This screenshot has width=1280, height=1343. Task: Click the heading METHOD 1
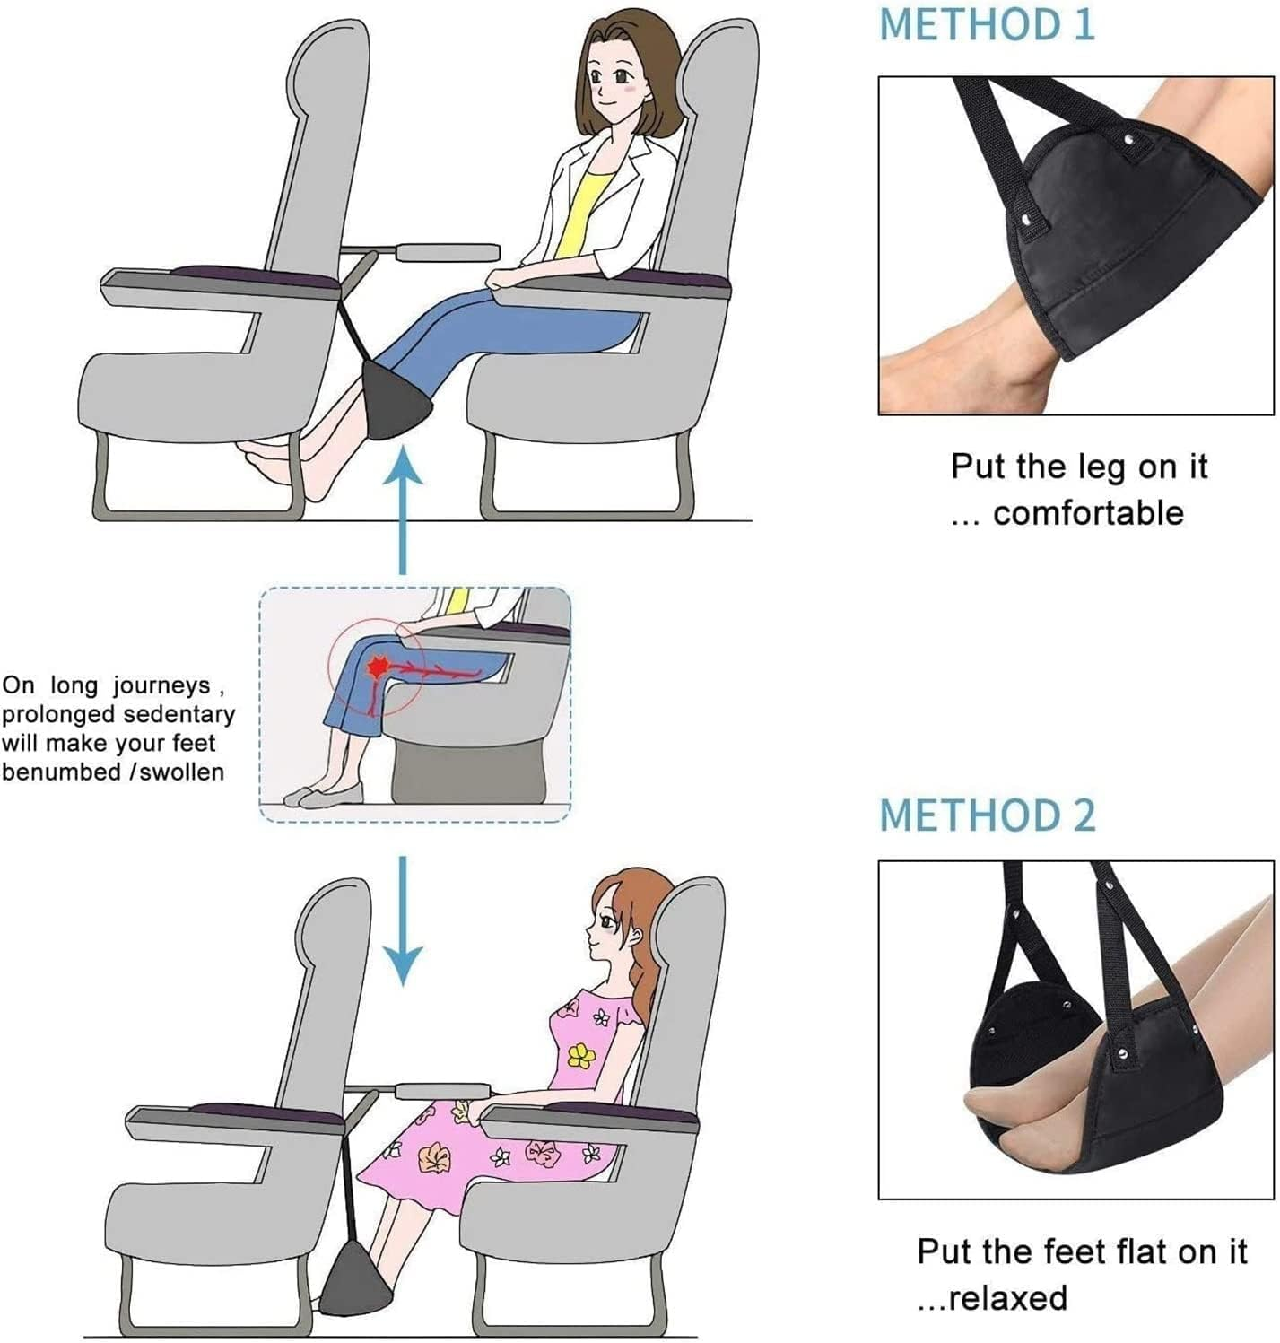(x=986, y=24)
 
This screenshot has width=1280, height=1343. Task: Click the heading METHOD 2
(x=987, y=815)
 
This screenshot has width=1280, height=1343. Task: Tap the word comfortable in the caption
(x=1088, y=513)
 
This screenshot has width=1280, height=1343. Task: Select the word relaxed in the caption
(x=1008, y=1297)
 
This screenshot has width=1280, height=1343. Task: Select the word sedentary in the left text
(x=179, y=715)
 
